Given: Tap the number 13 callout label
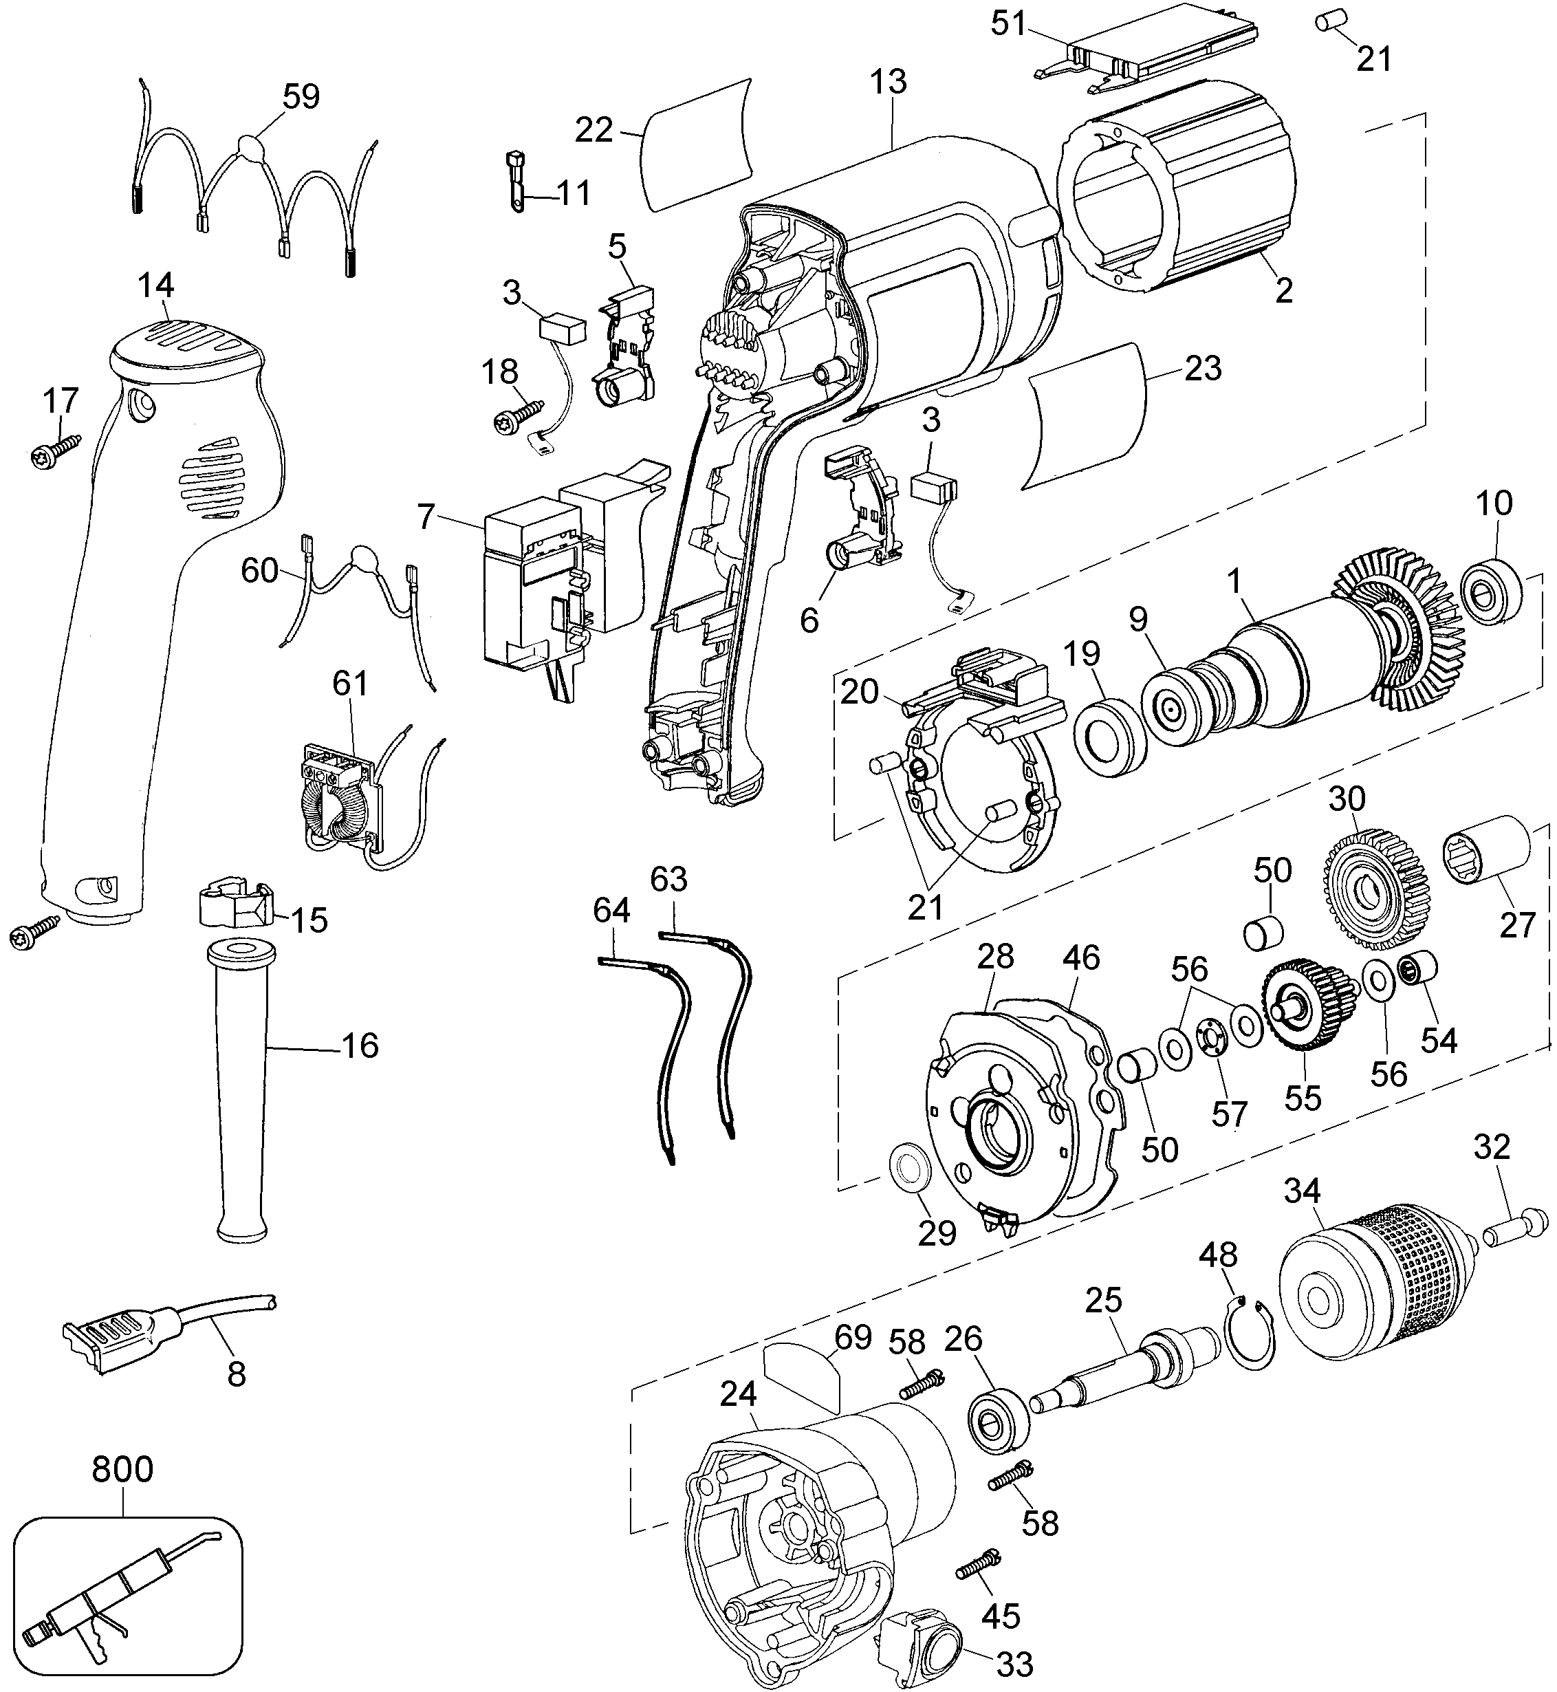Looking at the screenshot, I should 889,82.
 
